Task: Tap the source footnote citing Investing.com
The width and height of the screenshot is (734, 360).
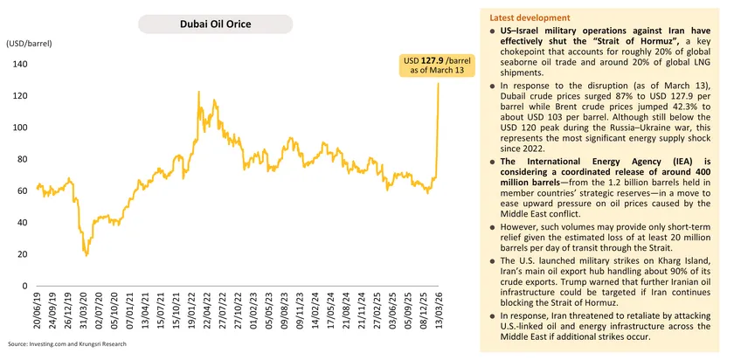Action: [67, 343]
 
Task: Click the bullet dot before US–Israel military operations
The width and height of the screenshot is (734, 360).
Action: [493, 31]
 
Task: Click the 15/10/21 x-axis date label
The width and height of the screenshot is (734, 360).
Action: [177, 313]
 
